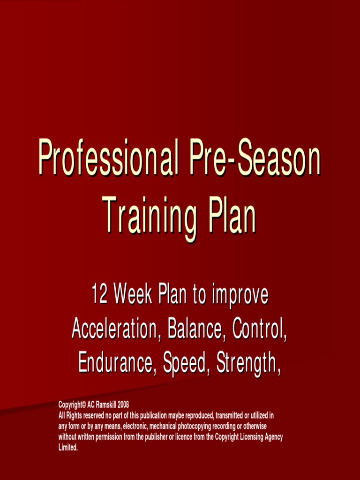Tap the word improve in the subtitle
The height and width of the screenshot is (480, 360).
(240, 295)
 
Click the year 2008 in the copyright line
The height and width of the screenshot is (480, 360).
(123, 404)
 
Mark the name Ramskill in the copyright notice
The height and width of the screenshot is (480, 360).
(106, 404)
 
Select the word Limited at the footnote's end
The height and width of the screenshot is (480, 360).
(67, 448)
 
